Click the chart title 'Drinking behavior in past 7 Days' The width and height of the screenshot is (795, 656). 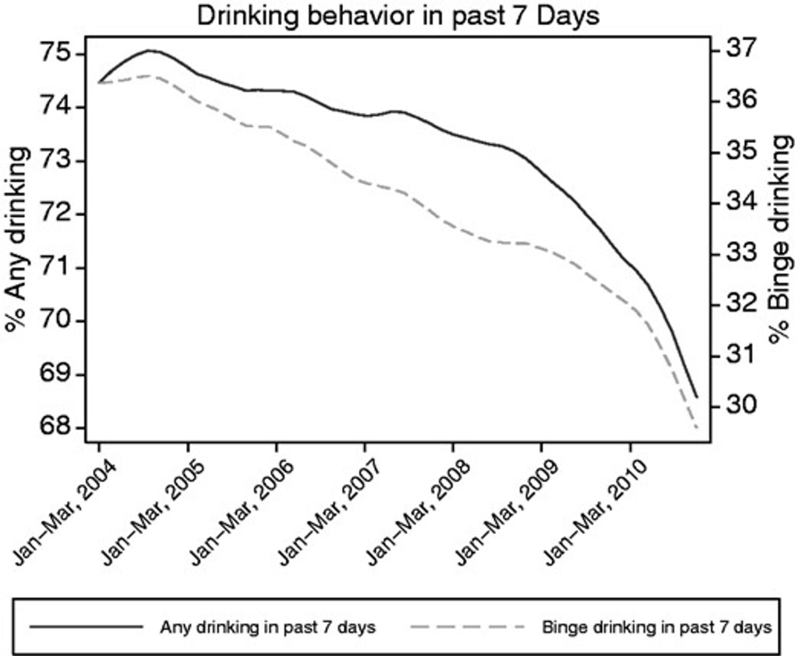pos(397,16)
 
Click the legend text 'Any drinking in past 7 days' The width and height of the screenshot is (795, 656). pos(268,628)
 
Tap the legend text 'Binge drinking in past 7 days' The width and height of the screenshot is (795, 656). pos(657,628)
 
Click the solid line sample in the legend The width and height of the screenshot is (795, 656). pos(86,627)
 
